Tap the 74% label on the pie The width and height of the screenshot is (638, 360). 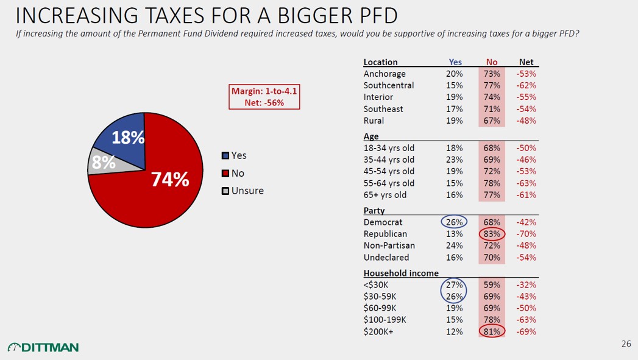pos(169,180)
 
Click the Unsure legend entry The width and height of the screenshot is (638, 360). pos(243,191)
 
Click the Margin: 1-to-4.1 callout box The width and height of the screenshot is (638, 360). pos(264,97)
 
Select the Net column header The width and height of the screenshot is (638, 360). pos(525,62)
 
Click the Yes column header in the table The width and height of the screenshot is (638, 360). pos(455,62)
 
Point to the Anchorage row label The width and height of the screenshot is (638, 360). pos(384,74)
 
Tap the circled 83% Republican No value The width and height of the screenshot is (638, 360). pos(492,234)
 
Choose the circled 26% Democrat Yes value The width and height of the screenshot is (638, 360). pos(454,222)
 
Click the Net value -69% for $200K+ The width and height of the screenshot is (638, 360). pos(525,331)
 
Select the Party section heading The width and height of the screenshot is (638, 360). pos(374,210)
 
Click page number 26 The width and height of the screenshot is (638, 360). pos(626,344)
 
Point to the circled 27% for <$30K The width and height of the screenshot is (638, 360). pos(454,284)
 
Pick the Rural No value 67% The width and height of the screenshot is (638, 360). pos(492,121)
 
